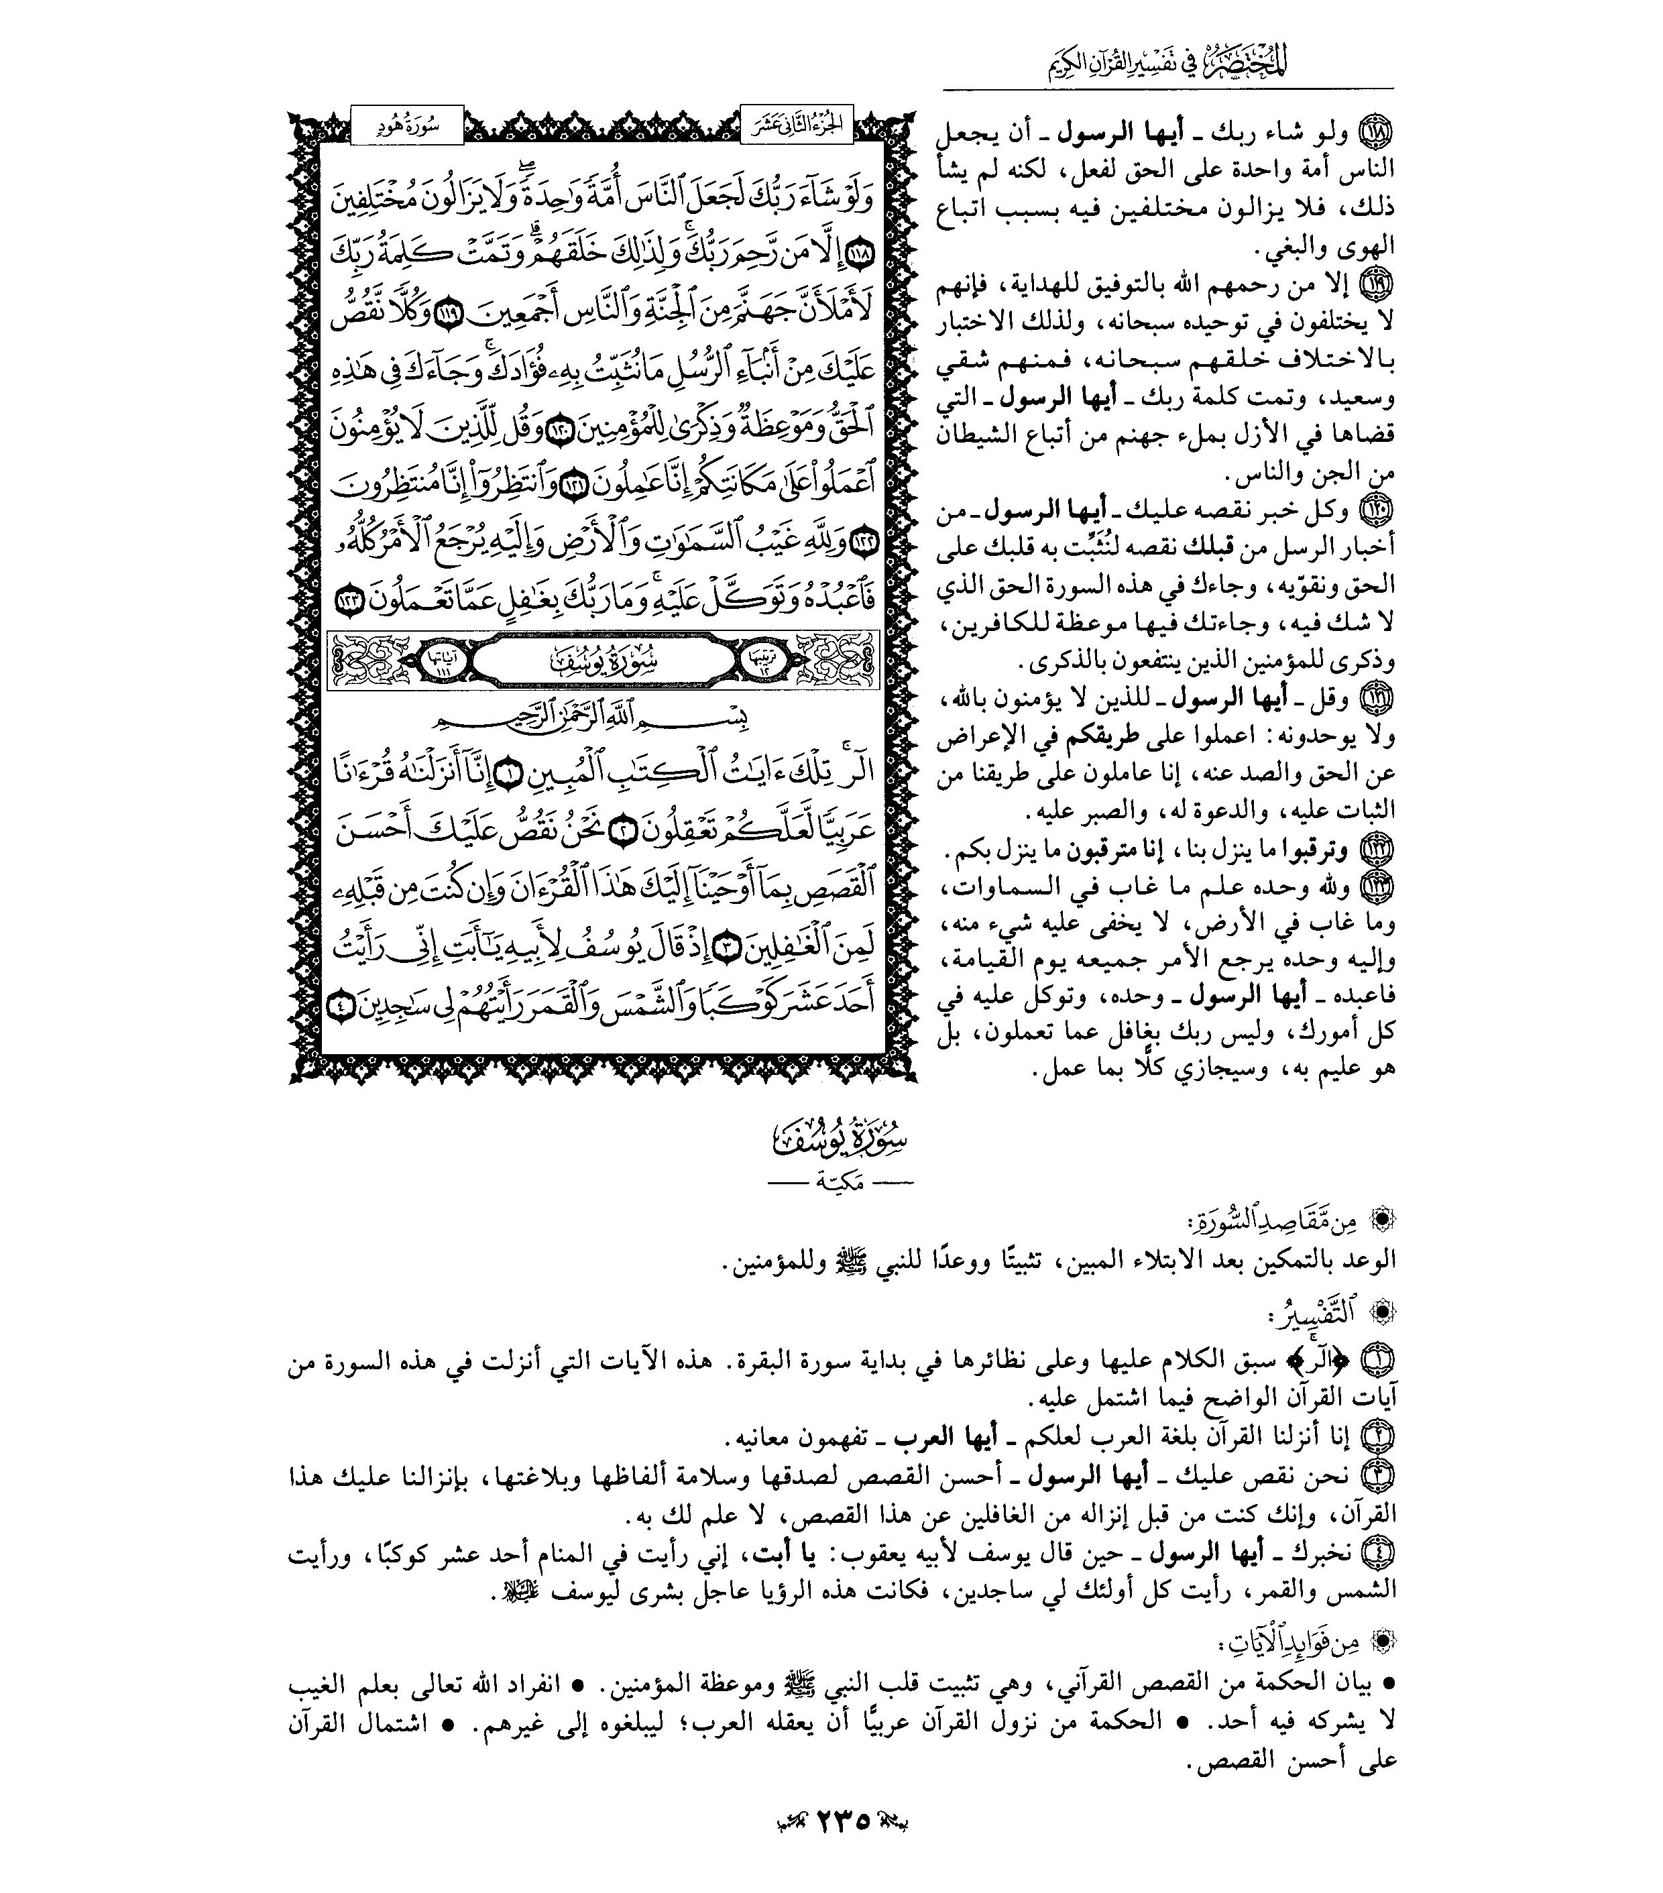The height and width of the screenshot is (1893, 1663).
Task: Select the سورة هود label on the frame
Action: click(x=408, y=127)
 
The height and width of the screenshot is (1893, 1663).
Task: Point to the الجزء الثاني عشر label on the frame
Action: click(x=797, y=127)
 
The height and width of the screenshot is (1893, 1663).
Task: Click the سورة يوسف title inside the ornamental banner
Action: click(x=602, y=661)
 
